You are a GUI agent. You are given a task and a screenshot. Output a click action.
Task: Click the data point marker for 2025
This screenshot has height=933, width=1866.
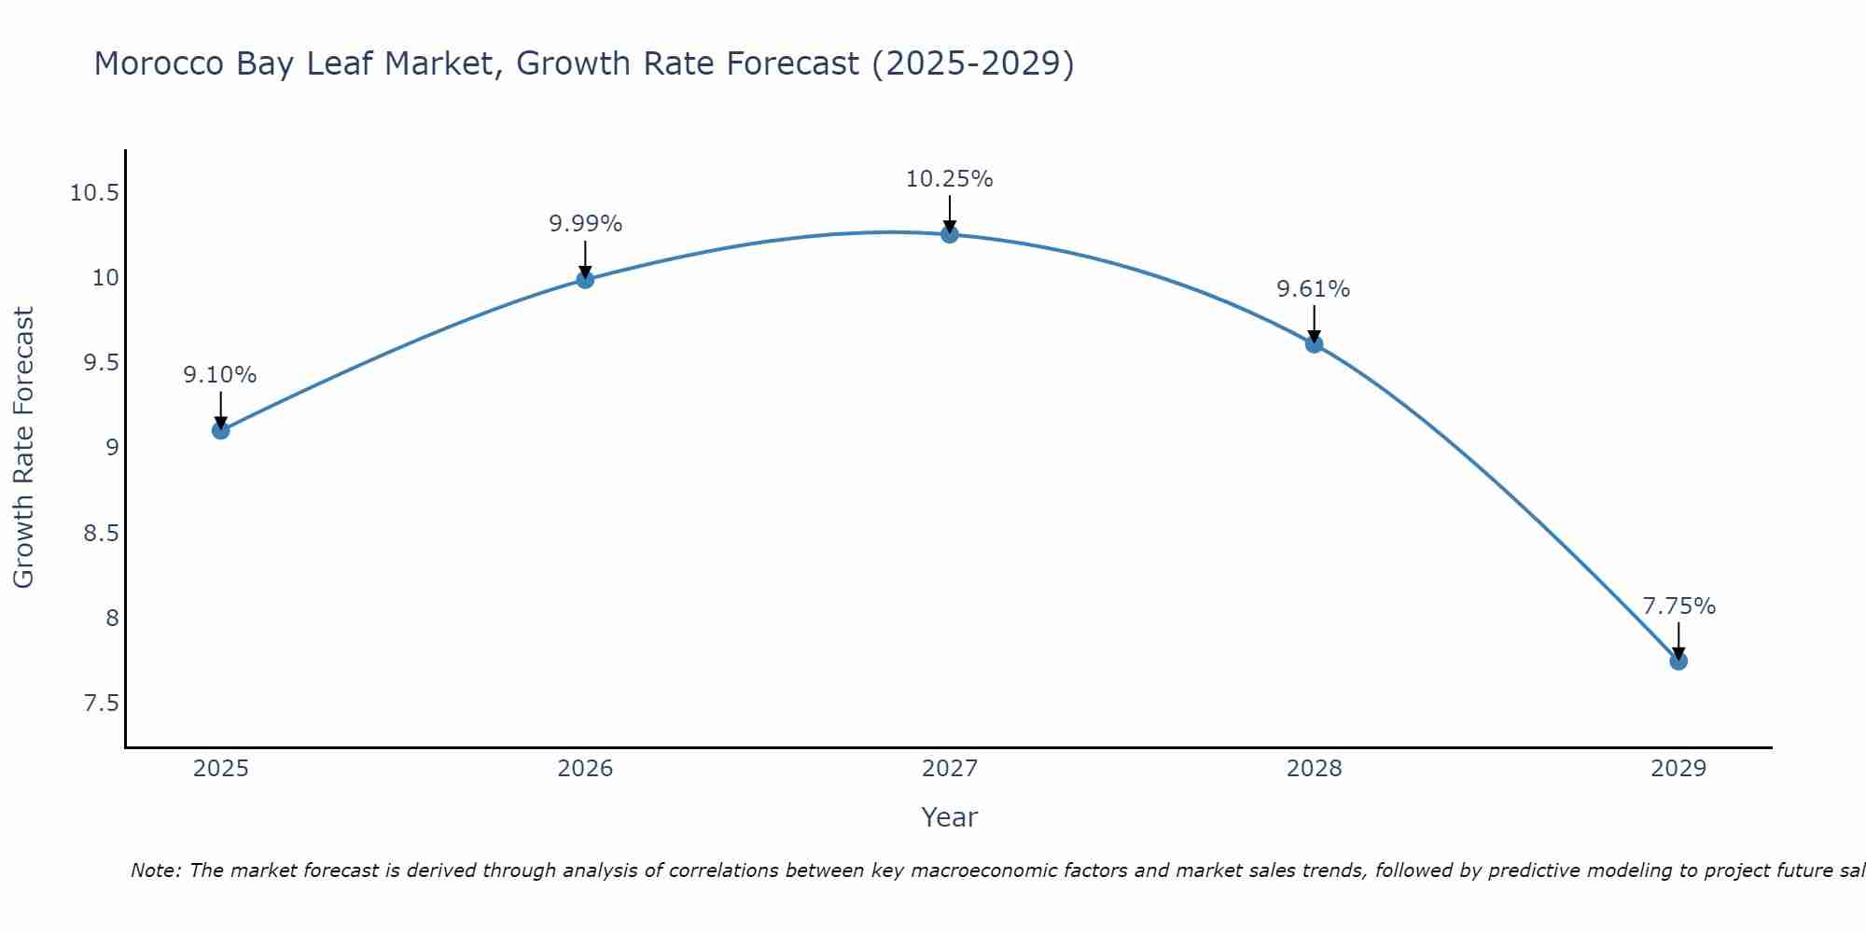[220, 430]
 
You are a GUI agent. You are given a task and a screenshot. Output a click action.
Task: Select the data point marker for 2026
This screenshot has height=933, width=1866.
[585, 279]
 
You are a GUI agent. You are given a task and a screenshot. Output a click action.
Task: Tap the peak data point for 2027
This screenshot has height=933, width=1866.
[950, 234]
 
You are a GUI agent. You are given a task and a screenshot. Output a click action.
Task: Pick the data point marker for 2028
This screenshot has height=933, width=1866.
[1314, 344]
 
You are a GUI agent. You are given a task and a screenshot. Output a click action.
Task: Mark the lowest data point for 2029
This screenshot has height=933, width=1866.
[1678, 661]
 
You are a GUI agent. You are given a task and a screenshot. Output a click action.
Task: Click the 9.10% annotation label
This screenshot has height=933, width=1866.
[219, 375]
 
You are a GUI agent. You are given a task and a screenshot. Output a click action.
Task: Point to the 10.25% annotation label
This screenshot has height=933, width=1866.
[949, 179]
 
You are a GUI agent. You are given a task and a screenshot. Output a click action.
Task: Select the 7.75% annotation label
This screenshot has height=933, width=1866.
[1678, 606]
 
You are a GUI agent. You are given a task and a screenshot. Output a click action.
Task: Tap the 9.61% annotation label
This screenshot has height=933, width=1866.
[1313, 289]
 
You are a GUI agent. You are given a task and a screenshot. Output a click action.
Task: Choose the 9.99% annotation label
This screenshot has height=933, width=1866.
[585, 224]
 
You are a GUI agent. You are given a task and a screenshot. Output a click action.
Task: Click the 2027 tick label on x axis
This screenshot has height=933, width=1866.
[949, 769]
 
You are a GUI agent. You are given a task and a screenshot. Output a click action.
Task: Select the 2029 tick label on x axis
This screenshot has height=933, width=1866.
[1678, 769]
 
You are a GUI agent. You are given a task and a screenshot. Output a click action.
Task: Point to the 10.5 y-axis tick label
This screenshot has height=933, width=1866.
[94, 194]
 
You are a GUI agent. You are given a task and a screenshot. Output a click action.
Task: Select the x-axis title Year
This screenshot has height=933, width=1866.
[949, 817]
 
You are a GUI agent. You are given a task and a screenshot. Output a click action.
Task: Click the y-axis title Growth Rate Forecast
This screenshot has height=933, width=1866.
[23, 448]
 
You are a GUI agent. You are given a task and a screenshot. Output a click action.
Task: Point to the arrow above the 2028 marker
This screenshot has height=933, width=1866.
[1314, 323]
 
